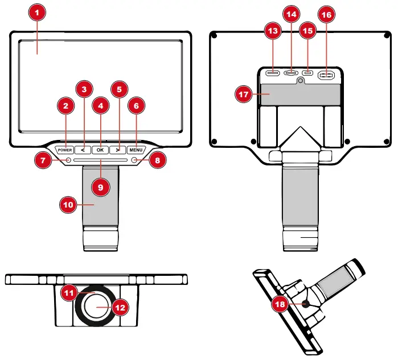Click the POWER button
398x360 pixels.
point(65,150)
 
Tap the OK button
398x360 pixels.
point(100,150)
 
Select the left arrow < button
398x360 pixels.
point(83,150)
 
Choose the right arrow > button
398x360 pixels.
point(117,150)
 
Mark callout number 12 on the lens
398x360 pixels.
point(120,307)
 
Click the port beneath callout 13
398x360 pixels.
point(273,73)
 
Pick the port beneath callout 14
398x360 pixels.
point(292,73)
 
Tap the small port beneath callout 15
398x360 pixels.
point(308,73)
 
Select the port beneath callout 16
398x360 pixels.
point(326,73)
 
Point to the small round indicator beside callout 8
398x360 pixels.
point(135,161)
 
